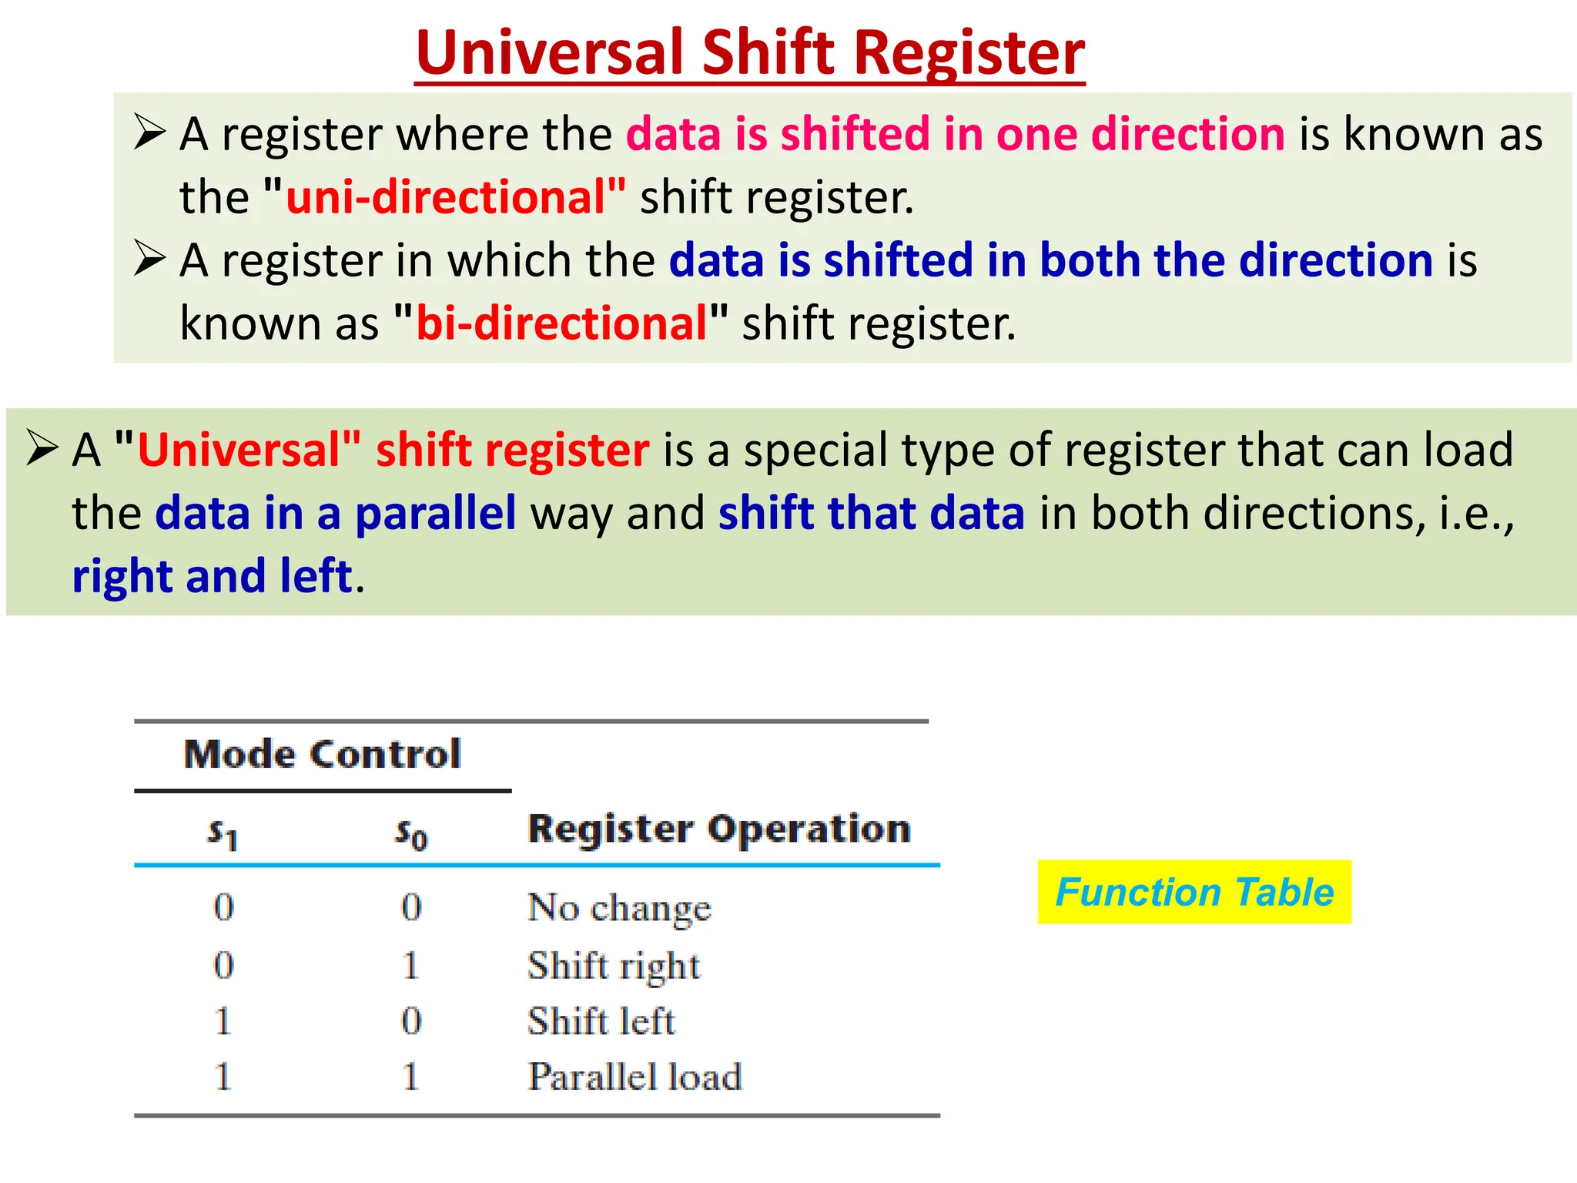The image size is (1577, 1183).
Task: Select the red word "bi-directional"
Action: coord(561,323)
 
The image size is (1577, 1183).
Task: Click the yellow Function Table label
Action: coord(1194,892)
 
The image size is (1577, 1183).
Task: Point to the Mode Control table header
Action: coord(322,754)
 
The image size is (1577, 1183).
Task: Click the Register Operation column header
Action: coord(719,829)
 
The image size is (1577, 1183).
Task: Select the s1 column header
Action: coord(223,833)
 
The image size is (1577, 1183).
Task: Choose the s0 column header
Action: coord(411,833)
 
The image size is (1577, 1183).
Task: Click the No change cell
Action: coord(619,907)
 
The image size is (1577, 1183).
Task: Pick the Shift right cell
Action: coord(614,966)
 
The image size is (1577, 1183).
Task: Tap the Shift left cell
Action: coord(601,1022)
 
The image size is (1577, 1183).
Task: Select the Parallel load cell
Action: coord(634,1077)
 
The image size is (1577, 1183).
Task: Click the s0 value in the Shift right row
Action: coord(411,965)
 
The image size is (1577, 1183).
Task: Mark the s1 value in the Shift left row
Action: coord(223,1021)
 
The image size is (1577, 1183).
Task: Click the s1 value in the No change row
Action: coord(223,907)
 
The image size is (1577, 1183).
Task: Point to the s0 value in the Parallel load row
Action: coord(411,1076)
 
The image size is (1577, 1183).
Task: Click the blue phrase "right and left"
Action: coord(212,576)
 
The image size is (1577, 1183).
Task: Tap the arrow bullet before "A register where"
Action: coord(149,132)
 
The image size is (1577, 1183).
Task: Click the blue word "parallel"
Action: coord(435,513)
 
